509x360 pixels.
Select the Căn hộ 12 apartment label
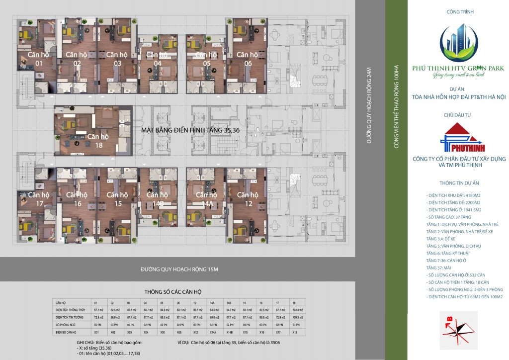pyautogui.click(x=247, y=199)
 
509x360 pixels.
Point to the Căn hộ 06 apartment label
pyautogui.click(x=247, y=59)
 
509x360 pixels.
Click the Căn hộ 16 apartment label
pyautogui.click(x=77, y=199)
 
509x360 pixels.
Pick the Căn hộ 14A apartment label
pyautogui.click(x=206, y=199)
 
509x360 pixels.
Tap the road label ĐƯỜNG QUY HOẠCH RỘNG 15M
pyautogui.click(x=179, y=270)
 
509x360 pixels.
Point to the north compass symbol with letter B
pyautogui.click(x=458, y=329)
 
